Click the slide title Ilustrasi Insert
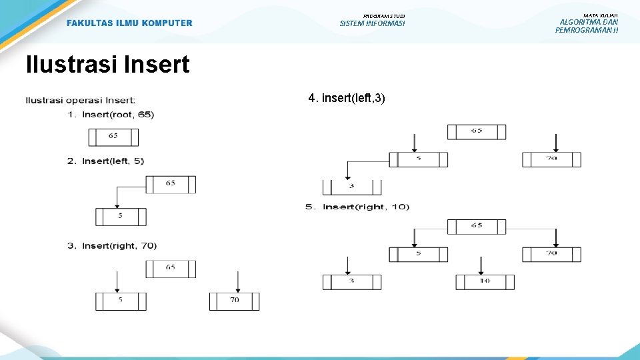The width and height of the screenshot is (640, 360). pyautogui.click(x=107, y=65)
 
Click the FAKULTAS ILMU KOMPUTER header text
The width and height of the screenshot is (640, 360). pyautogui.click(x=129, y=23)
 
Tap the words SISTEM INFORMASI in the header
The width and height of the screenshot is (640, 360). pyautogui.click(x=372, y=24)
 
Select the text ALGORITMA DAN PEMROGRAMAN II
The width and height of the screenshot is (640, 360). pyautogui.click(x=587, y=26)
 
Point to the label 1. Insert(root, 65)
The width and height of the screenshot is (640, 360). pyautogui.click(x=111, y=115)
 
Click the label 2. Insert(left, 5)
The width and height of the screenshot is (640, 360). pyautogui.click(x=106, y=161)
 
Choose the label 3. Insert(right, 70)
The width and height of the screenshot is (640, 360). pyautogui.click(x=112, y=246)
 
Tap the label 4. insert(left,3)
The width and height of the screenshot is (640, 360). pyautogui.click(x=347, y=99)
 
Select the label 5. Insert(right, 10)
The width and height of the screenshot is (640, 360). pyautogui.click(x=357, y=207)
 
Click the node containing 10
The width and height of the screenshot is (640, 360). pyautogui.click(x=485, y=281)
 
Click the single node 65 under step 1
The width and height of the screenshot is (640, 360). pyautogui.click(x=113, y=137)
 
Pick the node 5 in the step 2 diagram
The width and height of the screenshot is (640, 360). pyautogui.click(x=121, y=217)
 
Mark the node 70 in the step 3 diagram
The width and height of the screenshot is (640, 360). pyautogui.click(x=234, y=301)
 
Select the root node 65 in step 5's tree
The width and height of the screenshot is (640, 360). pyautogui.click(x=476, y=227)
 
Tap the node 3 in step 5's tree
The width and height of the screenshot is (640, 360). pyautogui.click(x=352, y=281)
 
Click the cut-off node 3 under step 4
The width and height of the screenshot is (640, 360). pyautogui.click(x=351, y=187)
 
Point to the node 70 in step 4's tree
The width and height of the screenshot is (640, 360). pyautogui.click(x=551, y=159)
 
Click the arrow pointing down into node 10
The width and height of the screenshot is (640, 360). pyautogui.click(x=481, y=265)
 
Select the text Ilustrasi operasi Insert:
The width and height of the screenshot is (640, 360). pyautogui.click(x=81, y=101)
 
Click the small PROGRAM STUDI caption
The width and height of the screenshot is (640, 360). pyautogui.click(x=384, y=16)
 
